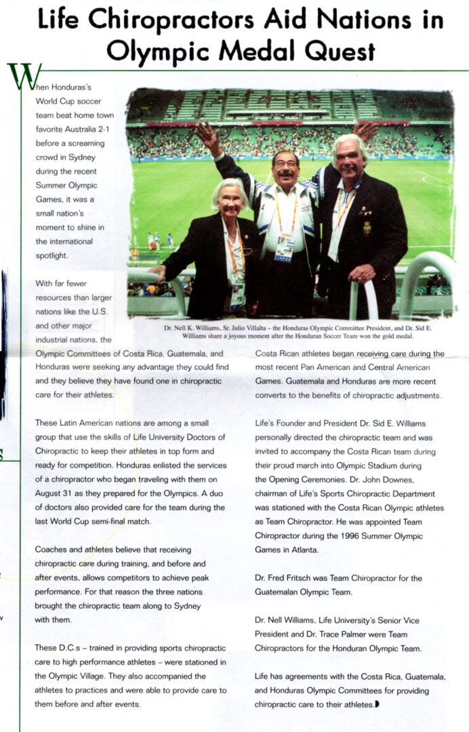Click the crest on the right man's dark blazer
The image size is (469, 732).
click(367, 228)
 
